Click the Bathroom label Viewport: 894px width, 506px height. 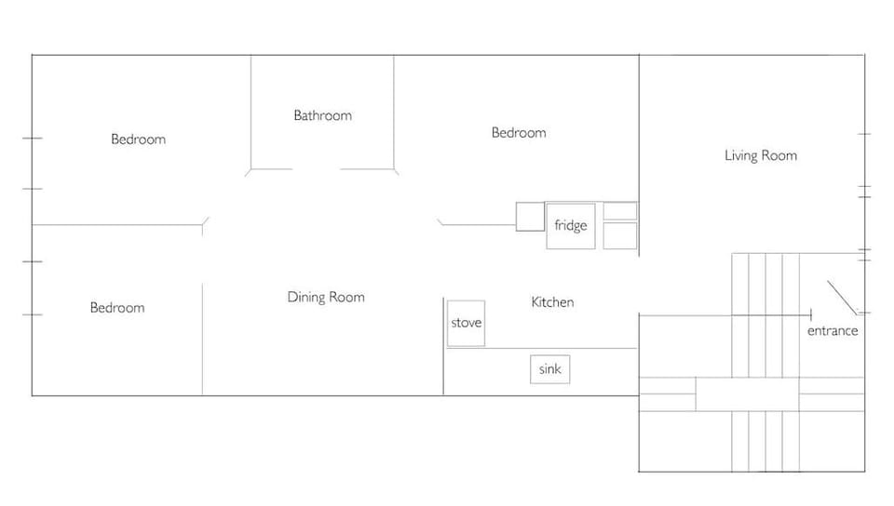322,116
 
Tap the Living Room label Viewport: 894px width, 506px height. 761,156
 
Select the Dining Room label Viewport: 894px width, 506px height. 325,298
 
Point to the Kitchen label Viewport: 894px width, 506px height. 552,302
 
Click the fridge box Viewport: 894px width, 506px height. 570,226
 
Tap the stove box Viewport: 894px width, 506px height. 466,324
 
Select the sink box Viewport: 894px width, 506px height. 550,369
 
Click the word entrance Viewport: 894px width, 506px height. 833,331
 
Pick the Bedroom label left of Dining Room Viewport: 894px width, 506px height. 117,308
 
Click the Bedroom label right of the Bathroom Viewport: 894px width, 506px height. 519,133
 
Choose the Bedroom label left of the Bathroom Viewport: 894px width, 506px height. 138,140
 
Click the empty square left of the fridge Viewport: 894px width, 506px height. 530,216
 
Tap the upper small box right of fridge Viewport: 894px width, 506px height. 620,210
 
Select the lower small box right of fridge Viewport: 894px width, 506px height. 620,235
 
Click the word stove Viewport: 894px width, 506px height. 466,323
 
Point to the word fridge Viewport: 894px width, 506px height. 570,226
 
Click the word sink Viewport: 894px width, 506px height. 550,369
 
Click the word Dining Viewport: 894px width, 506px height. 306,298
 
